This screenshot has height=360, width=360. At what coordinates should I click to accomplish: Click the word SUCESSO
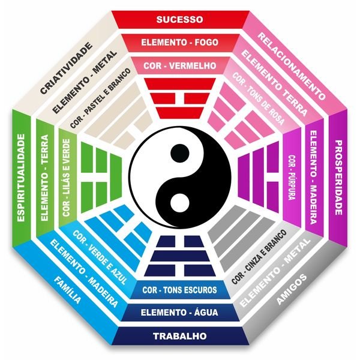(x=180, y=20)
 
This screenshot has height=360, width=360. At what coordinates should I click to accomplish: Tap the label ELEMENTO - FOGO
(x=180, y=43)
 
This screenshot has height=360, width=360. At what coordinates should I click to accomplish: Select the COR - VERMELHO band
(x=180, y=66)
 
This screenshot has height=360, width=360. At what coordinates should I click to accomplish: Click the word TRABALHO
(x=180, y=336)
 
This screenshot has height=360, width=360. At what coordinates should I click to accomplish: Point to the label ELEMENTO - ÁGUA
(x=179, y=312)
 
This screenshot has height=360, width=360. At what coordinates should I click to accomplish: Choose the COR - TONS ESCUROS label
(x=179, y=290)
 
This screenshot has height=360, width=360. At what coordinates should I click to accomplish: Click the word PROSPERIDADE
(x=338, y=178)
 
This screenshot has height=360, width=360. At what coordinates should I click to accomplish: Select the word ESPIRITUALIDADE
(x=21, y=178)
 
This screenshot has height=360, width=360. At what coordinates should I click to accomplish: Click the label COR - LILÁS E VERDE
(x=66, y=178)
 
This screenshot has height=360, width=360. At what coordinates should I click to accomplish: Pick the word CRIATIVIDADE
(x=66, y=68)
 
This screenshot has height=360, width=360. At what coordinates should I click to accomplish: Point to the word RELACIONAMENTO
(x=292, y=66)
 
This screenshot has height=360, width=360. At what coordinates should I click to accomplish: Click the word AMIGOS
(x=292, y=289)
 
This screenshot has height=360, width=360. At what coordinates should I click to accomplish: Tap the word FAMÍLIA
(x=67, y=290)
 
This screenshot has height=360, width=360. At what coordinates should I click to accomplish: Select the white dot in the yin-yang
(x=180, y=203)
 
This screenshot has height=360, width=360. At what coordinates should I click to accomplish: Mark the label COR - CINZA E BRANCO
(x=259, y=257)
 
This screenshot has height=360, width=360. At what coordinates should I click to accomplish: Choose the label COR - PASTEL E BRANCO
(x=100, y=98)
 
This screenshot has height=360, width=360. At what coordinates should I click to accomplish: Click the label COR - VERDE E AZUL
(x=100, y=257)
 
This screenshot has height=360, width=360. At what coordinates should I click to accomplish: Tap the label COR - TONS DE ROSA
(x=258, y=99)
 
